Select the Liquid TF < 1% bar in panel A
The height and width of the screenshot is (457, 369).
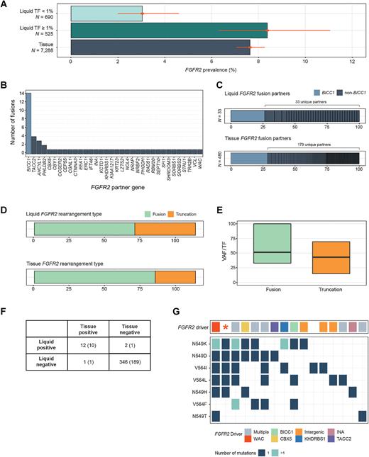point(106,13)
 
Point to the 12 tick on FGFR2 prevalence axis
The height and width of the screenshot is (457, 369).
point(353,62)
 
